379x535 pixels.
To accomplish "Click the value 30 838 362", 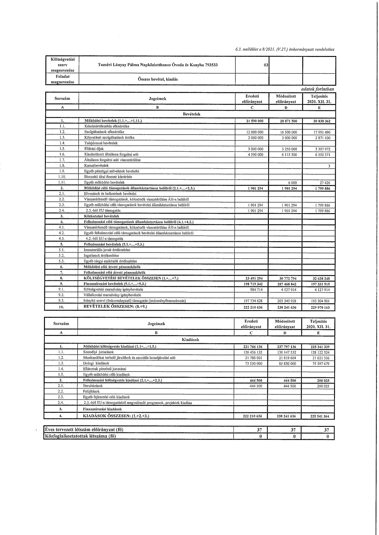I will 319,121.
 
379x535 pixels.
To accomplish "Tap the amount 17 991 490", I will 322,132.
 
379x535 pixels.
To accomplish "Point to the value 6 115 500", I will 289,155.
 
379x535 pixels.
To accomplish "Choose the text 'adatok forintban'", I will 318,89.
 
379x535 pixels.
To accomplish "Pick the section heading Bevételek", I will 191,114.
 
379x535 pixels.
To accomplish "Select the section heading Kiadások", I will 190,339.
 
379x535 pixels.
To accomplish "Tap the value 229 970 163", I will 319,308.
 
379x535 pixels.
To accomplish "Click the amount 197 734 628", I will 252,301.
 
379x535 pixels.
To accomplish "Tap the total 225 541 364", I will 319,416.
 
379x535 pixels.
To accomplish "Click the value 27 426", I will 325,183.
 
